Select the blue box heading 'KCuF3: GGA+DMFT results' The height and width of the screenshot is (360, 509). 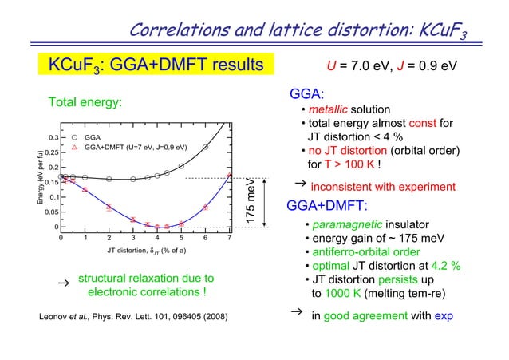point(156,64)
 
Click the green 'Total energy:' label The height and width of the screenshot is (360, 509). point(85,103)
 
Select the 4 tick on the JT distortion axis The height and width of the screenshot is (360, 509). point(157,237)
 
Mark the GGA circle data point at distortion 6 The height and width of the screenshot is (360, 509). point(205,147)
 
